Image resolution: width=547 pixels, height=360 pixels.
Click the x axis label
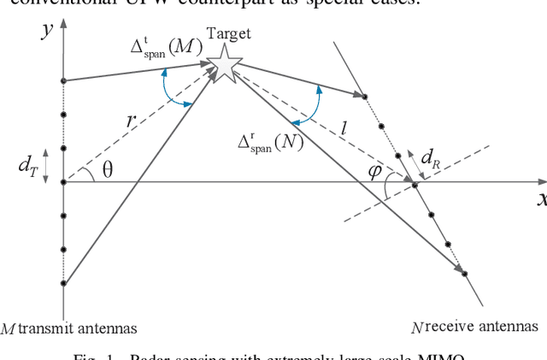point(541,199)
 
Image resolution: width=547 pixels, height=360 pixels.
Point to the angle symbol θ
point(107,170)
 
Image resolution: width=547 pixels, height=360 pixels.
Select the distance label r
point(130,121)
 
